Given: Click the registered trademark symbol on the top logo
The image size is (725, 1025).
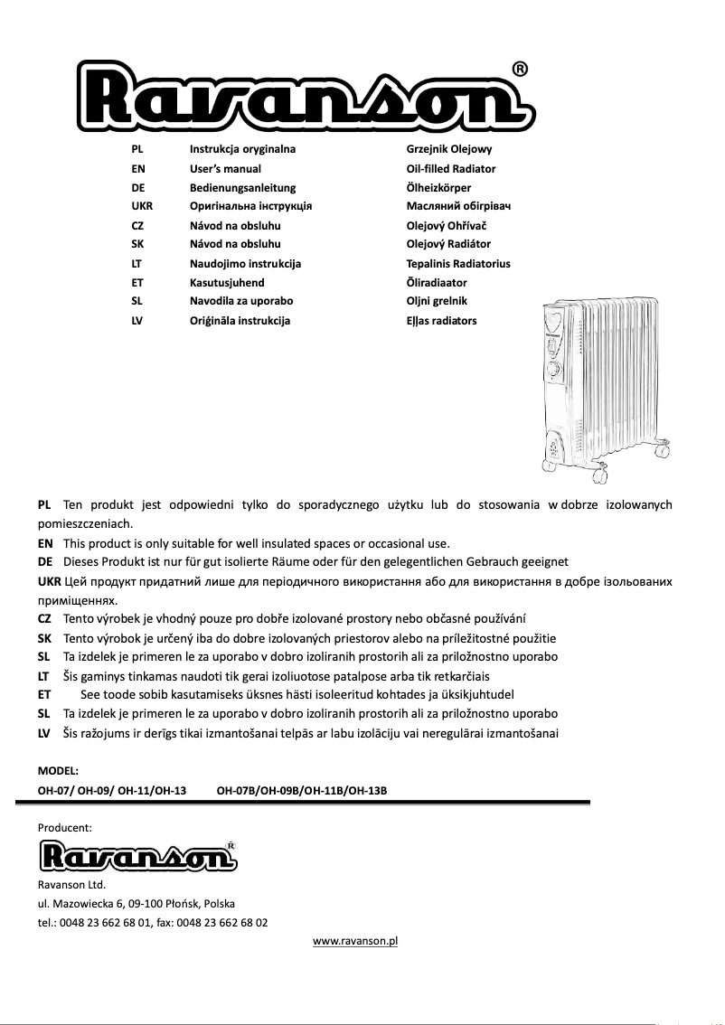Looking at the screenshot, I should [x=521, y=70].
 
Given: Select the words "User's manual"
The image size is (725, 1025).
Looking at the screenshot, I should [x=225, y=169].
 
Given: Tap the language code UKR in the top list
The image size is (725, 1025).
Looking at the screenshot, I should [x=142, y=206].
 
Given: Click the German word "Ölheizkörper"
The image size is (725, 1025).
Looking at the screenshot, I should [x=438, y=188].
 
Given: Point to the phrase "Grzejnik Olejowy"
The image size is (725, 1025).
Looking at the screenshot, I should [x=449, y=149].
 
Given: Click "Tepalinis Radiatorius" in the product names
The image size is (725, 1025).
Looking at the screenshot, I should [x=458, y=264].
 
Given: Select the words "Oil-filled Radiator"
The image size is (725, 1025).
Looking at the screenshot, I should [x=451, y=169].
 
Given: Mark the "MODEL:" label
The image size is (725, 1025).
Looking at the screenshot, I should [x=59, y=771].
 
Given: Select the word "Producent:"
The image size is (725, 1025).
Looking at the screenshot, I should [x=64, y=827].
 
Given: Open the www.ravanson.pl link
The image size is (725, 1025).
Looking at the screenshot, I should [x=355, y=941].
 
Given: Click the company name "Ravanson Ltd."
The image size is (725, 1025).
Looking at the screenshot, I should [x=71, y=884].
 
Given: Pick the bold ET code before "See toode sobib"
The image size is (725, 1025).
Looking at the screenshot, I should [x=44, y=694].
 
